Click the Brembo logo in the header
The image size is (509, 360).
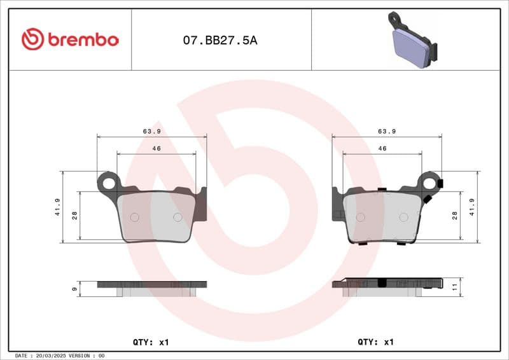tap(70, 39)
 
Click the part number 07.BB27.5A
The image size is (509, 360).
tap(220, 40)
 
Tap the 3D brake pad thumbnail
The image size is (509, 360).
tap(412, 40)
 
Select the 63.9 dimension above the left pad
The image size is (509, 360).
tap(151, 131)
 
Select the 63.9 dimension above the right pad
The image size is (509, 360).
tap(387, 131)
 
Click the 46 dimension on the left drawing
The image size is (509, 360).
tap(156, 148)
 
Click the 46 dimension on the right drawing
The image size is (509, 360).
tap(382, 148)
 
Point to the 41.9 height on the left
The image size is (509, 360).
tap(58, 207)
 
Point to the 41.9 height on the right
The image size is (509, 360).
tap(471, 207)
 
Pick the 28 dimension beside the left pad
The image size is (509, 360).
tap(74, 216)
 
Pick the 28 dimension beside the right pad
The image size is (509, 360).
tap(455, 216)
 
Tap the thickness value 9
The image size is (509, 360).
tap(75, 289)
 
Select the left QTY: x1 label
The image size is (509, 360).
tap(151, 342)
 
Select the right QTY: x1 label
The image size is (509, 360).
tap(376, 342)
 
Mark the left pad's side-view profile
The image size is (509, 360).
tap(153, 287)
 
